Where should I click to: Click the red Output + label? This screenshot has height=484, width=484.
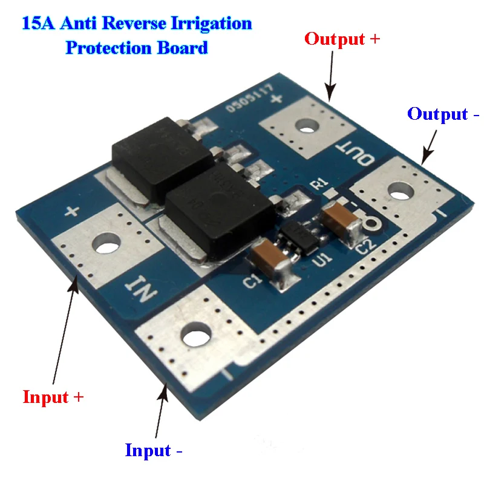[342, 39]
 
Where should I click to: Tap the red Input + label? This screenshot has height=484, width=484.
[53, 397]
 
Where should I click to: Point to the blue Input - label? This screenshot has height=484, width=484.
[154, 451]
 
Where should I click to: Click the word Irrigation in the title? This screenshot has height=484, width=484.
[212, 24]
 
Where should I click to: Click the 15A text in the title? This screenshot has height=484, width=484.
[37, 24]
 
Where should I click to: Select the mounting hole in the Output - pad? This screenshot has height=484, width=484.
[399, 194]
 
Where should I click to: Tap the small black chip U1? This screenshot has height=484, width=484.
[300, 235]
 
